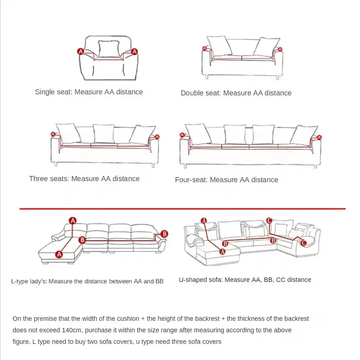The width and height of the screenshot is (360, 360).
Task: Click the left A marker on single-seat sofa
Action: pos(81,51)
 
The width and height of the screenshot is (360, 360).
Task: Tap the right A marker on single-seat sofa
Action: pos(134,51)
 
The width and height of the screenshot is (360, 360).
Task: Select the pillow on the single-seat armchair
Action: pos(109,49)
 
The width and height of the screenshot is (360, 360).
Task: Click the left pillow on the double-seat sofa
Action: pos(220,46)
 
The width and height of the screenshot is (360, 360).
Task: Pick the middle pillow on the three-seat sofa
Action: pos(104,134)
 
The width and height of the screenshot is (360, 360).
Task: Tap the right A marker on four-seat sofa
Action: pos(319,137)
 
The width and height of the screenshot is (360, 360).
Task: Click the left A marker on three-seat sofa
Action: pos(53,134)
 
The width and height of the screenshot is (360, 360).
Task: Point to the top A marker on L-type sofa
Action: pos(73,220)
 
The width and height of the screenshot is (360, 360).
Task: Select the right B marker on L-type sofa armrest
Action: pos(164,234)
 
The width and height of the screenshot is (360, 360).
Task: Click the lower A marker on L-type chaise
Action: pos(59,254)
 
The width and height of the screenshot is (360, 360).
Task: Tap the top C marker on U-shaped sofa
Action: pos(269,220)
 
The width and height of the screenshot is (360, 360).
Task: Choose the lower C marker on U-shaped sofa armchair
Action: pos(303,243)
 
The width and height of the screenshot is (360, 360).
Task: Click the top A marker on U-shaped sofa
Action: pos(204,221)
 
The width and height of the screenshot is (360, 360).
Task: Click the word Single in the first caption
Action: pos(45,92)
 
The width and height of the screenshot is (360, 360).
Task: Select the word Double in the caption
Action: pos(192,93)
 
